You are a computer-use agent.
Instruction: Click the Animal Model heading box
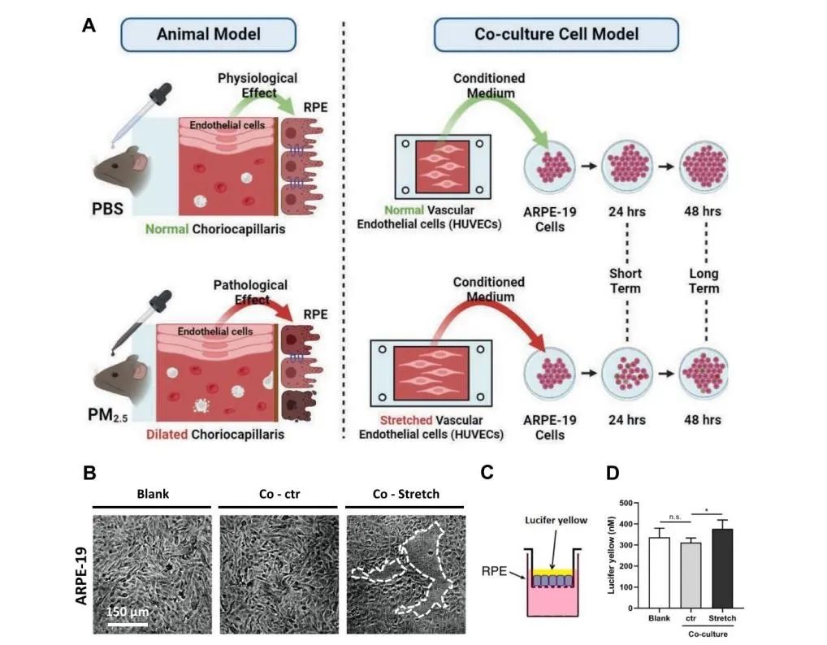(x=208, y=34)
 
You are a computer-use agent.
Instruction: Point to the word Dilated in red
(x=167, y=435)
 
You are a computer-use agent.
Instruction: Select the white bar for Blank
(x=659, y=572)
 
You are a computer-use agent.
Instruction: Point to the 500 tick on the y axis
(x=626, y=504)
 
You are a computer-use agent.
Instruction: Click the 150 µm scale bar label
(x=128, y=612)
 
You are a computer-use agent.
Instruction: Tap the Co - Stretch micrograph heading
(x=405, y=494)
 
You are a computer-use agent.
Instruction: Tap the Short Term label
(x=626, y=280)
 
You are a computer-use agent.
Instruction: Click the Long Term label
(x=704, y=280)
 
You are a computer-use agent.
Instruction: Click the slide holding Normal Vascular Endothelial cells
(x=444, y=167)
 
